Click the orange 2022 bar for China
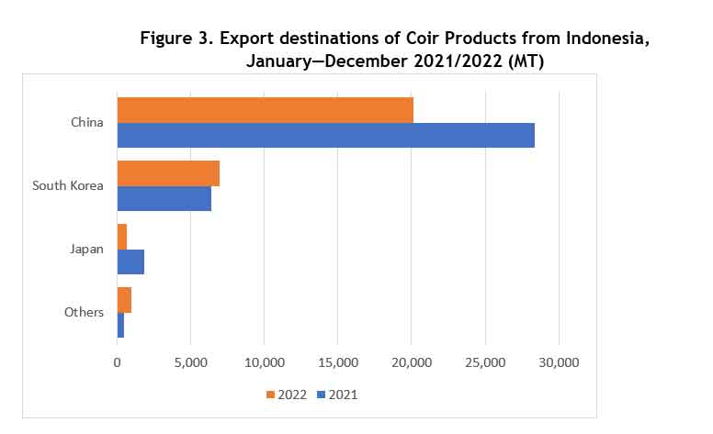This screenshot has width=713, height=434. (265, 109)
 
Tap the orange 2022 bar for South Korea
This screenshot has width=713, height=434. (168, 172)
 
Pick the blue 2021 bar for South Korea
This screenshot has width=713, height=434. (164, 198)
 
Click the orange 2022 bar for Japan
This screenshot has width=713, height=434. (122, 236)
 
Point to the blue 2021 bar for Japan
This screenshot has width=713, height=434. (130, 262)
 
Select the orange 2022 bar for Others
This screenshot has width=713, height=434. (124, 300)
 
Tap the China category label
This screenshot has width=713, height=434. (86, 122)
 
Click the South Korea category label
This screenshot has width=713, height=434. (67, 185)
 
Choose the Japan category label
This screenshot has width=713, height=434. (86, 249)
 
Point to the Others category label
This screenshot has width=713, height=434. (84, 312)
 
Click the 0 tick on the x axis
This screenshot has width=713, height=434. (118, 362)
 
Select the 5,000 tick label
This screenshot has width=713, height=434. (190, 362)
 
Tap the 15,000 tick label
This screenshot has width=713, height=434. (337, 362)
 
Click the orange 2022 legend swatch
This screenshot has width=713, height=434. (271, 395)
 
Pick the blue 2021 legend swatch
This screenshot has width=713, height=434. (321, 395)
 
